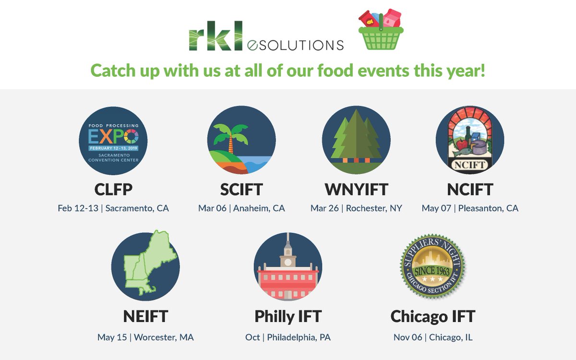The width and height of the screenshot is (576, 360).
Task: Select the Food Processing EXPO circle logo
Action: (x=113, y=140)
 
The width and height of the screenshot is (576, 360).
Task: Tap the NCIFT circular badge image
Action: (x=469, y=140)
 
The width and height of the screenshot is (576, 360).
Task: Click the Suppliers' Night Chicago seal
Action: (x=432, y=266)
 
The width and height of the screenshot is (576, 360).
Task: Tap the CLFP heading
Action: (x=113, y=190)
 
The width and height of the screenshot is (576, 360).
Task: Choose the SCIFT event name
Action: (x=241, y=190)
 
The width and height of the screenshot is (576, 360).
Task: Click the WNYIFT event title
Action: (x=356, y=190)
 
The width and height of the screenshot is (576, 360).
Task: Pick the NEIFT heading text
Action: (x=145, y=316)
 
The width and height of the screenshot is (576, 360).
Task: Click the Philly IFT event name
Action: (x=288, y=316)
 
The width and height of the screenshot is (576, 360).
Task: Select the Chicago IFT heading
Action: (x=432, y=316)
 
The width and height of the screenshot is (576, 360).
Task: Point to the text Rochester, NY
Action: (x=374, y=208)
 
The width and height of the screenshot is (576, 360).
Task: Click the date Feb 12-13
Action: (x=79, y=208)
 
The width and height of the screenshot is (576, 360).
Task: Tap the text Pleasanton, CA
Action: (x=488, y=208)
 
